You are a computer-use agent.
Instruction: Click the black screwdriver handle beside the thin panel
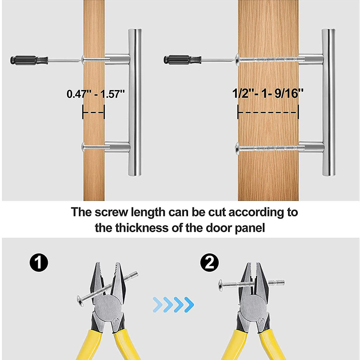pyautogui.click(x=29, y=60)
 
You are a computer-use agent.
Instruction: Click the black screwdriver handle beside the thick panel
pyautogui.click(x=183, y=60)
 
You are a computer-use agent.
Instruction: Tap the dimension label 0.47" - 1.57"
pyautogui.click(x=96, y=94)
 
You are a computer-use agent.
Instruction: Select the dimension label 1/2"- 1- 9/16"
pyautogui.click(x=268, y=93)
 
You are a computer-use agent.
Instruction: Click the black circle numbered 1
pyautogui.click(x=39, y=263)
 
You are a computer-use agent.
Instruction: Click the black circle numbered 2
pyautogui.click(x=209, y=262)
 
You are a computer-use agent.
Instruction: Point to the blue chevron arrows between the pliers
pyautogui.click(x=173, y=305)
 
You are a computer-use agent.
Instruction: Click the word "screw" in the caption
pyautogui.click(x=111, y=212)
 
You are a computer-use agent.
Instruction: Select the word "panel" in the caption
pyautogui.click(x=250, y=229)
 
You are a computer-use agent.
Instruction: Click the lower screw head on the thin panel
pyautogui.click(x=83, y=147)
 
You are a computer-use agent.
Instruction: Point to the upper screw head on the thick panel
pyautogui.click(x=237, y=59)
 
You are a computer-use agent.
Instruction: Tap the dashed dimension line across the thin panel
pyautogui.click(x=94, y=112)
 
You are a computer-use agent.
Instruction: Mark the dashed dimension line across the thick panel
pyautogui.click(x=268, y=112)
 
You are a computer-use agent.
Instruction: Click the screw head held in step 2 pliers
pyautogui.click(x=220, y=285)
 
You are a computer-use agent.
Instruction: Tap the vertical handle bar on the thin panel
pyautogui.click(x=135, y=103)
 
